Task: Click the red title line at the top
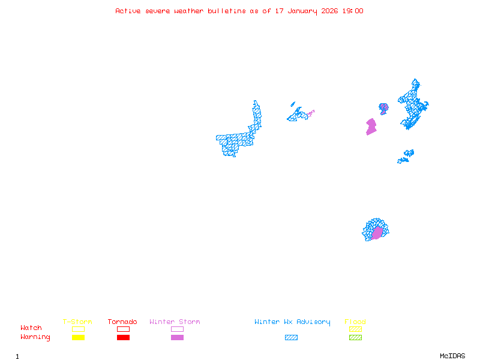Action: pyautogui.click(x=239, y=11)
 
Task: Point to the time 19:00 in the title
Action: pyautogui.click(x=352, y=11)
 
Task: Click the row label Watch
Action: pyautogui.click(x=31, y=328)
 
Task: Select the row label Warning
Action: pyautogui.click(x=35, y=337)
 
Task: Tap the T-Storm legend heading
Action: pyautogui.click(x=77, y=322)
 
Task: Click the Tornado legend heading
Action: pyautogui.click(x=122, y=322)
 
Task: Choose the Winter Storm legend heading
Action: pyautogui.click(x=175, y=322)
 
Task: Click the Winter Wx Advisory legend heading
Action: pyautogui.click(x=292, y=322)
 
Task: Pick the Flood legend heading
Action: pyautogui.click(x=355, y=322)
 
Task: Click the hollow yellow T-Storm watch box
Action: pyautogui.click(x=78, y=329)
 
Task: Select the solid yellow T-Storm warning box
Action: pyautogui.click(x=78, y=337)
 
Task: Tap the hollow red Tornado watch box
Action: pyautogui.click(x=123, y=329)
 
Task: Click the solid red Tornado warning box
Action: pyautogui.click(x=123, y=337)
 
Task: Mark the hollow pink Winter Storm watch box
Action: pyautogui.click(x=177, y=329)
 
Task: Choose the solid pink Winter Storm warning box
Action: pyautogui.click(x=177, y=337)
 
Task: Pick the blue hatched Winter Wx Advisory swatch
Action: pyautogui.click(x=291, y=337)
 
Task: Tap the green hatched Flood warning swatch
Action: pyautogui.click(x=356, y=337)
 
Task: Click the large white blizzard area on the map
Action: pyautogui.click(x=241, y=115)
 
